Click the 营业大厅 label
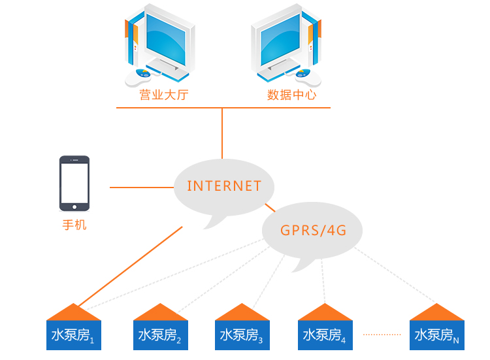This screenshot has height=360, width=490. click(164, 95)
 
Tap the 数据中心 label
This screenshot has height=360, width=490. click(291, 95)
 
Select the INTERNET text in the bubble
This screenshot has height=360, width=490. click(223, 186)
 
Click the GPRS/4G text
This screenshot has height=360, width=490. click(313, 231)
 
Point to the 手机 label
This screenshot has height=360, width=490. click(74, 225)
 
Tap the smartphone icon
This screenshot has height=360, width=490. click(74, 184)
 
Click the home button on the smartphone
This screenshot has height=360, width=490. click(74, 207)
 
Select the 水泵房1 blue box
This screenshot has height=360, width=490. click(74, 335)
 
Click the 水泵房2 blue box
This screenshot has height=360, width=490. click(161, 335)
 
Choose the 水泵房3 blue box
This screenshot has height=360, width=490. click(242, 335)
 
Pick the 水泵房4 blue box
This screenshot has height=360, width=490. click(325, 335)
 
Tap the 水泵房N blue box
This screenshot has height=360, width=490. click(437, 335)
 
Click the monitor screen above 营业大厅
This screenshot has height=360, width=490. click(166, 39)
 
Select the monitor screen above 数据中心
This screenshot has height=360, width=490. click(280, 39)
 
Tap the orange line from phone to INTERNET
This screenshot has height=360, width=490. click(142, 188)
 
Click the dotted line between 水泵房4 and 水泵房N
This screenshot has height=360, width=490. click(382, 335)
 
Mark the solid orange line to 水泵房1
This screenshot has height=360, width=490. click(130, 267)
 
